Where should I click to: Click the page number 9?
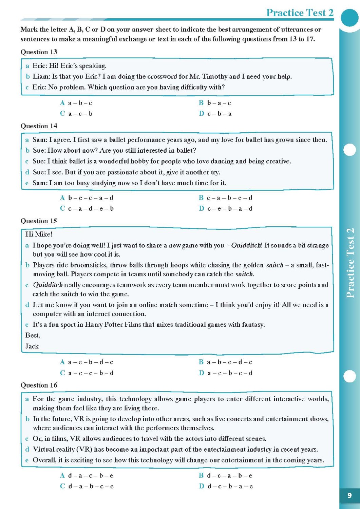(x=349, y=495)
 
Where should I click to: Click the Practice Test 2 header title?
(x=300, y=13)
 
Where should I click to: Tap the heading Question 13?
(x=39, y=52)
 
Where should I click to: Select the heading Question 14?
(x=39, y=126)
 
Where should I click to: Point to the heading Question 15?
(x=39, y=221)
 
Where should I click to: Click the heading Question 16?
(x=39, y=385)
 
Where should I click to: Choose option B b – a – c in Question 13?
(x=215, y=103)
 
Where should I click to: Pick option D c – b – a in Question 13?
(x=215, y=114)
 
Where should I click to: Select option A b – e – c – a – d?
(x=87, y=198)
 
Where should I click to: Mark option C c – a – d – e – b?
(x=87, y=209)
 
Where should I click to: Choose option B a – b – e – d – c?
(x=225, y=362)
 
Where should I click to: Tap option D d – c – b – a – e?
(x=225, y=486)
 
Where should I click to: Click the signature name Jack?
(x=32, y=346)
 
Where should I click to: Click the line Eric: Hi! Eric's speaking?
(x=69, y=66)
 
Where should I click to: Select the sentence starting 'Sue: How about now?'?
(x=114, y=150)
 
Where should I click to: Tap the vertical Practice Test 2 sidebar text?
(x=350, y=263)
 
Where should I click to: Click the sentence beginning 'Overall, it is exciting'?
(x=178, y=460)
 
